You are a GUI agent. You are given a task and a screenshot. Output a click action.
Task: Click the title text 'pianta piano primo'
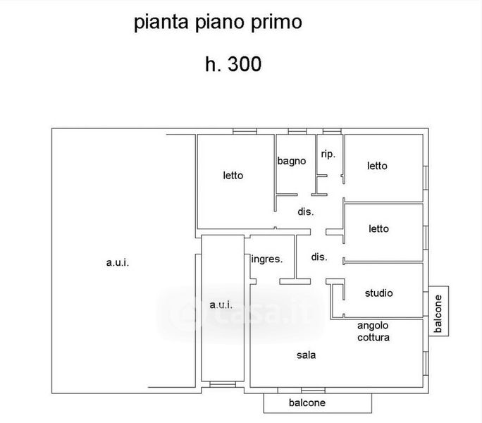coord(218,23)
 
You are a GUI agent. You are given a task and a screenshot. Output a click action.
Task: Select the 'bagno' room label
coord(291,161)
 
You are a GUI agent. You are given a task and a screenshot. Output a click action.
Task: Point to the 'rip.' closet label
coord(328,154)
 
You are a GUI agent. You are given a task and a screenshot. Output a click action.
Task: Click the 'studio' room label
coord(378,293)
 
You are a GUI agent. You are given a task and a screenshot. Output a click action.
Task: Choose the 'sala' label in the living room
coord(306,355)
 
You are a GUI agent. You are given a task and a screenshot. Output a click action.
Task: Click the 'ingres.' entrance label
coord(267,259)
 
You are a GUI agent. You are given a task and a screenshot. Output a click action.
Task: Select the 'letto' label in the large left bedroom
coord(233,176)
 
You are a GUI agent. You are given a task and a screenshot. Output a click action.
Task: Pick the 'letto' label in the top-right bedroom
coord(377,166)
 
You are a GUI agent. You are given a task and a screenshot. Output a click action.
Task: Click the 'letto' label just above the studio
coord(378,228)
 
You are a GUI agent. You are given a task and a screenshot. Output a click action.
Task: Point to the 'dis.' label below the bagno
coord(305,211)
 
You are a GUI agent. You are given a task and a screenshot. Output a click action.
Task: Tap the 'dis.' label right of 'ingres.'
coord(319,257)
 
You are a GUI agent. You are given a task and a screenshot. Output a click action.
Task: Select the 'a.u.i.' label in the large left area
coord(118,263)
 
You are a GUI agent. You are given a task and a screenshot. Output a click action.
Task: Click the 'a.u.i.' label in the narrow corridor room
coord(221,305)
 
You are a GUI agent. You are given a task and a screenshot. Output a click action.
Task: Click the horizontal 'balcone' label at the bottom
coord(307,403)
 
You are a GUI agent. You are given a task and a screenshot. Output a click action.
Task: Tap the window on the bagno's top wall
coord(297,131)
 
